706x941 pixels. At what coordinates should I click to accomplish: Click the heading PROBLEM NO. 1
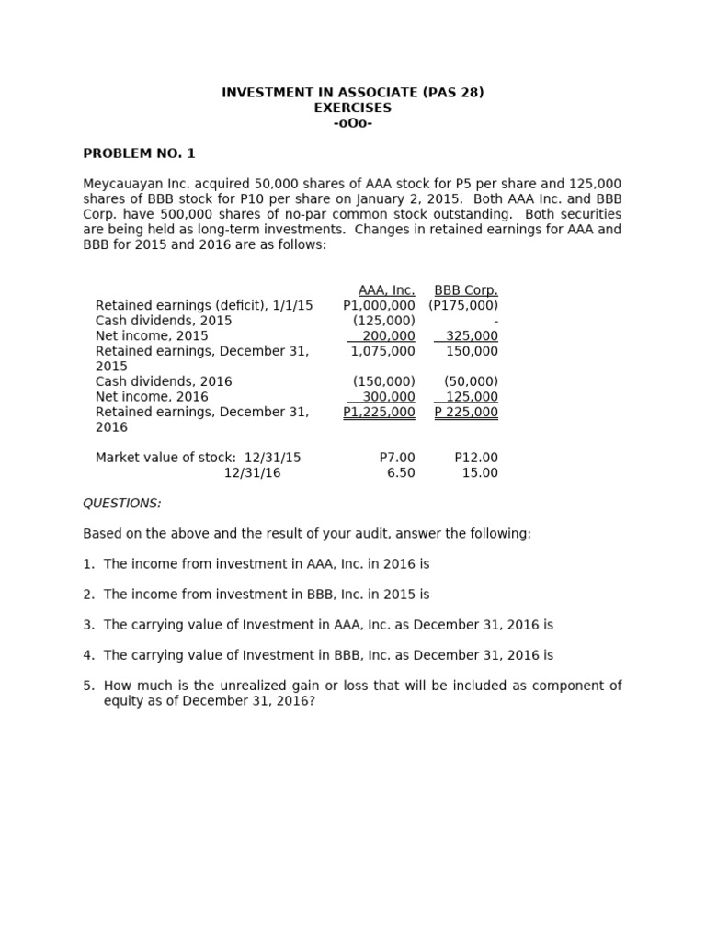[x=139, y=153]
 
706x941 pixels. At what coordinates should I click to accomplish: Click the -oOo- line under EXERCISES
[x=353, y=123]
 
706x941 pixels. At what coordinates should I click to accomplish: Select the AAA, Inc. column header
[x=386, y=290]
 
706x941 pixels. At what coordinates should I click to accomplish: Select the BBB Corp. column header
[x=466, y=290]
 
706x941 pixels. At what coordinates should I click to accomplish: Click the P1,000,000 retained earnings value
[x=379, y=305]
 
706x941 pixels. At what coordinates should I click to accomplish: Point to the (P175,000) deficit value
[x=463, y=305]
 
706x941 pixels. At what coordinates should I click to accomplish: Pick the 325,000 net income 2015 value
[x=472, y=336]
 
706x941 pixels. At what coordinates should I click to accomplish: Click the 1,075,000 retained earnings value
[x=383, y=351]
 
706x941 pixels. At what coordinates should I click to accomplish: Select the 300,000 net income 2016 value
[x=389, y=397]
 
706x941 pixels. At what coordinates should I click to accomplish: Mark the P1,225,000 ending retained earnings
[x=379, y=413]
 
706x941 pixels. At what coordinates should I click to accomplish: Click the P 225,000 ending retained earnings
[x=466, y=413]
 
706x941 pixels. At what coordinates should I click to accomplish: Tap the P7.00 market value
[x=397, y=458]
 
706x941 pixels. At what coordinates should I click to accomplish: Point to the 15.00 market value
[x=480, y=473]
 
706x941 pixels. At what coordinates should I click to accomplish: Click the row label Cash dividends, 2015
[x=164, y=321]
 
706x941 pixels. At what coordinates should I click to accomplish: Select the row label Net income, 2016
[x=152, y=397]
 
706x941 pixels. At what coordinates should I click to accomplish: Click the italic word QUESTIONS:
[x=122, y=504]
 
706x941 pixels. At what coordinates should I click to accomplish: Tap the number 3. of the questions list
[x=89, y=625]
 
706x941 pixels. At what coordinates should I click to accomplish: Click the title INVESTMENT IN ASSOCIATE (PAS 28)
[x=353, y=93]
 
